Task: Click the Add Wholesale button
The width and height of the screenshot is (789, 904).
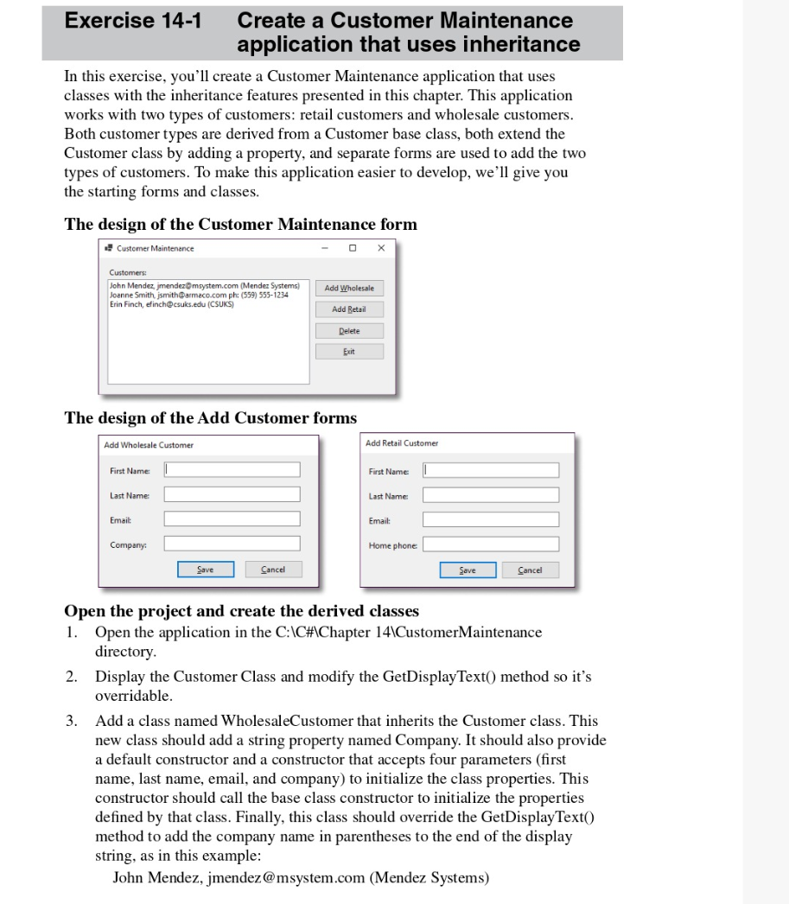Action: [349, 289]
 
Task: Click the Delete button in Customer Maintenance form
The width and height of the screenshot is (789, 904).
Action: [349, 331]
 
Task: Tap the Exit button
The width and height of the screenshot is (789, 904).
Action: [349, 352]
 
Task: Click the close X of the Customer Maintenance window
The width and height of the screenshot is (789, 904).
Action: [381, 248]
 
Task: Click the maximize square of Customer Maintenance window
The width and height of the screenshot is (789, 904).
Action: [353, 248]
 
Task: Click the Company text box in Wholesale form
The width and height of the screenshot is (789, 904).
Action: [232, 544]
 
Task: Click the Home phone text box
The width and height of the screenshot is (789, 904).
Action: [490, 544]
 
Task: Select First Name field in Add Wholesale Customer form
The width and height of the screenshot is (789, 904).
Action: [232, 469]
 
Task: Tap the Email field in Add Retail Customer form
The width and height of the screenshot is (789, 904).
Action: [490, 519]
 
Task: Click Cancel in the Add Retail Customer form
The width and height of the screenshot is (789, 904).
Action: [529, 570]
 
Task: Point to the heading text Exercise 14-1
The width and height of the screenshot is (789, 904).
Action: [133, 20]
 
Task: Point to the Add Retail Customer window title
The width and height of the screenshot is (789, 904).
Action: [402, 443]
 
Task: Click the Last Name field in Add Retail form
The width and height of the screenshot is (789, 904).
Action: [490, 494]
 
